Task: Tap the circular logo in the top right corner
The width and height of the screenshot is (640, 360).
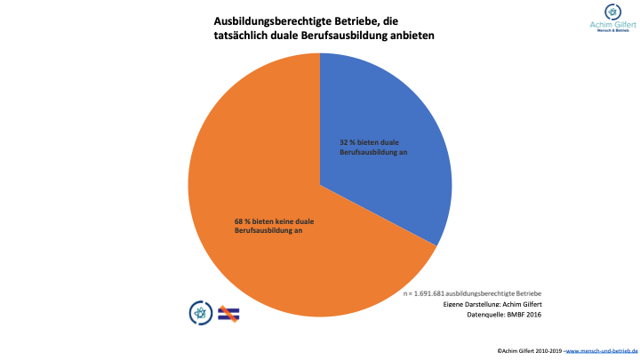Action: coord(611,12)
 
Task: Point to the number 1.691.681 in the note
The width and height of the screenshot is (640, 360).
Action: coord(429,293)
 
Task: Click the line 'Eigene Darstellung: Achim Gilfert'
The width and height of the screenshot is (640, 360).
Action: coord(492,305)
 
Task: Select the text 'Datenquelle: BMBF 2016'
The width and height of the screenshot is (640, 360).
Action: coord(504,316)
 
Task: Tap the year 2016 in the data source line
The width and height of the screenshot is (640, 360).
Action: coord(532,316)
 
